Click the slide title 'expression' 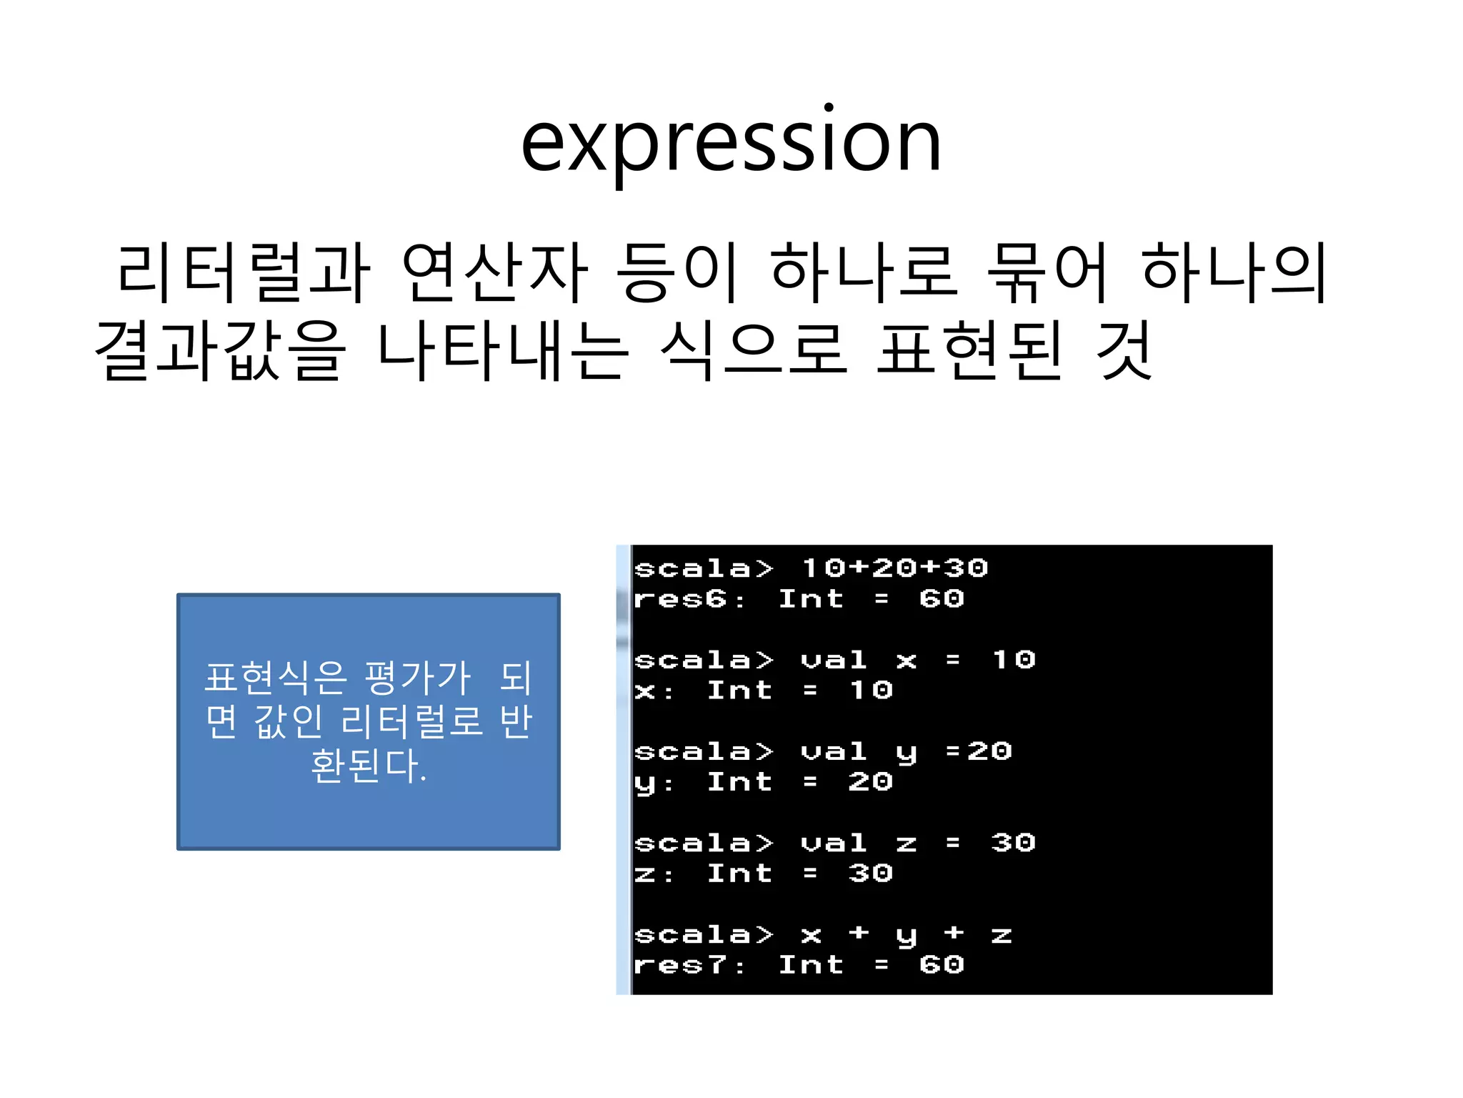[x=731, y=143]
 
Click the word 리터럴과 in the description [x=244, y=272]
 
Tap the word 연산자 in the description [x=495, y=272]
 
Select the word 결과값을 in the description [x=221, y=350]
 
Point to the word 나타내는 [x=503, y=350]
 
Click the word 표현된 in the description [x=970, y=350]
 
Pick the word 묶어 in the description [x=1047, y=272]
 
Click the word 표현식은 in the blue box [x=276, y=678]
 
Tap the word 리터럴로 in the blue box [x=412, y=721]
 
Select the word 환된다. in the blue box [x=369, y=766]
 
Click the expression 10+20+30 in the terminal [x=894, y=568]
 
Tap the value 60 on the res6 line [x=942, y=599]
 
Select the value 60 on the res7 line [x=942, y=965]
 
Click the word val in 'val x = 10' [x=834, y=660]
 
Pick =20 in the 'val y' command [x=979, y=751]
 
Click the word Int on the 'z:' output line [x=739, y=874]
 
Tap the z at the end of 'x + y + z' [x=1002, y=935]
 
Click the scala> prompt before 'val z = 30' [x=704, y=844]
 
